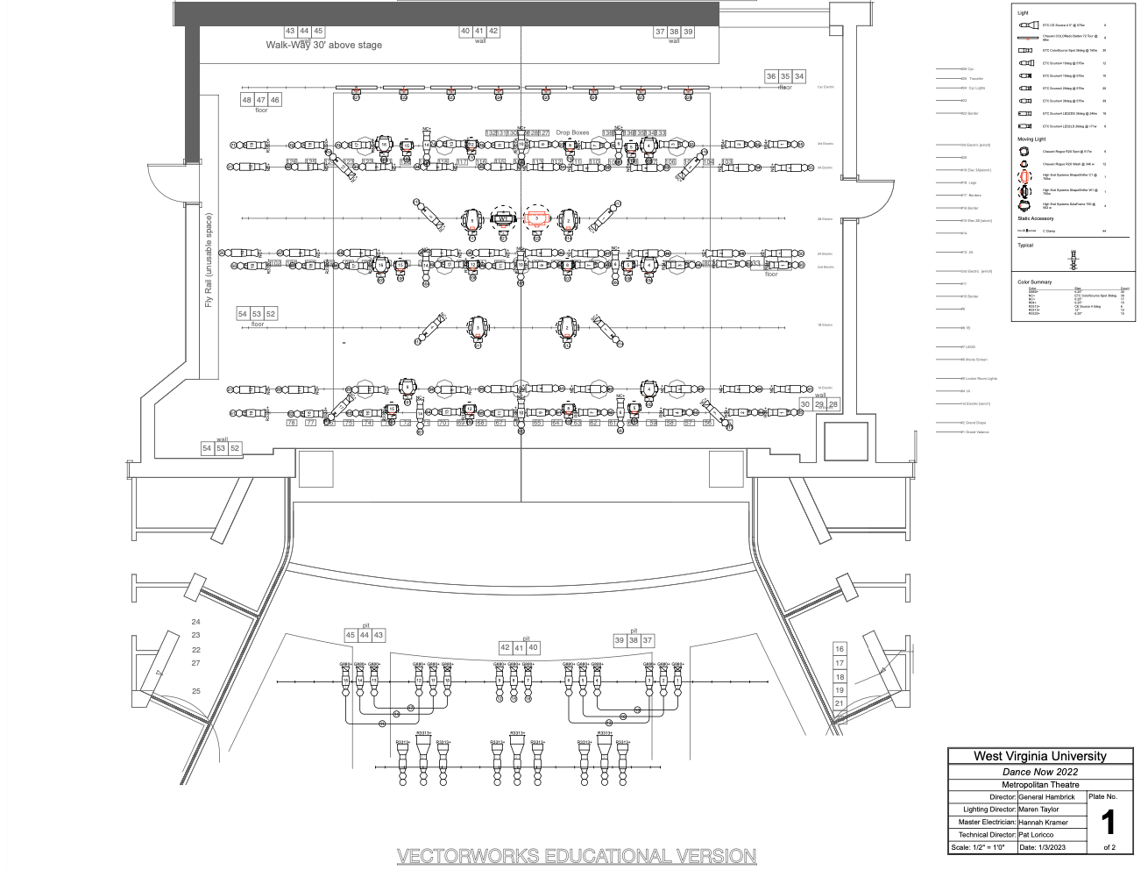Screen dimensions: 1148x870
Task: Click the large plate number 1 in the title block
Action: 1108,823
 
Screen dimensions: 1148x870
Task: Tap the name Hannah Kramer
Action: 1043,822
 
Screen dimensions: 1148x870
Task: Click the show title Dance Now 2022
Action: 1039,772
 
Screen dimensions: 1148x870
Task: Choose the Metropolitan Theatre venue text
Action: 1039,784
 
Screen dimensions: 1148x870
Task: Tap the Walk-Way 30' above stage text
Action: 323,45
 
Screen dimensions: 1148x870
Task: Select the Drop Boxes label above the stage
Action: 572,132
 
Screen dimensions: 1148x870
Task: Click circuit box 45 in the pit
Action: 351,635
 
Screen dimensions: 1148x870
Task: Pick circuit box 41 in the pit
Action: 519,647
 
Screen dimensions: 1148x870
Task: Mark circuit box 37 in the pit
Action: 648,640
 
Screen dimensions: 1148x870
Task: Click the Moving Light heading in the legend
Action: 1031,139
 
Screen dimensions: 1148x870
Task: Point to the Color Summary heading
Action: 1034,282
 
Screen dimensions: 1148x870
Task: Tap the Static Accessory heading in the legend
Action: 1035,218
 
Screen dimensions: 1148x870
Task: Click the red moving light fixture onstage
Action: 536,218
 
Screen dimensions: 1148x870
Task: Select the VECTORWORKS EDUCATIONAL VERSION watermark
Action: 577,855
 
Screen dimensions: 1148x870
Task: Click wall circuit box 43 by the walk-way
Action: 290,31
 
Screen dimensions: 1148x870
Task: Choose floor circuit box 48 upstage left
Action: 247,100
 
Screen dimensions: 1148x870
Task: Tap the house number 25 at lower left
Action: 196,691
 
